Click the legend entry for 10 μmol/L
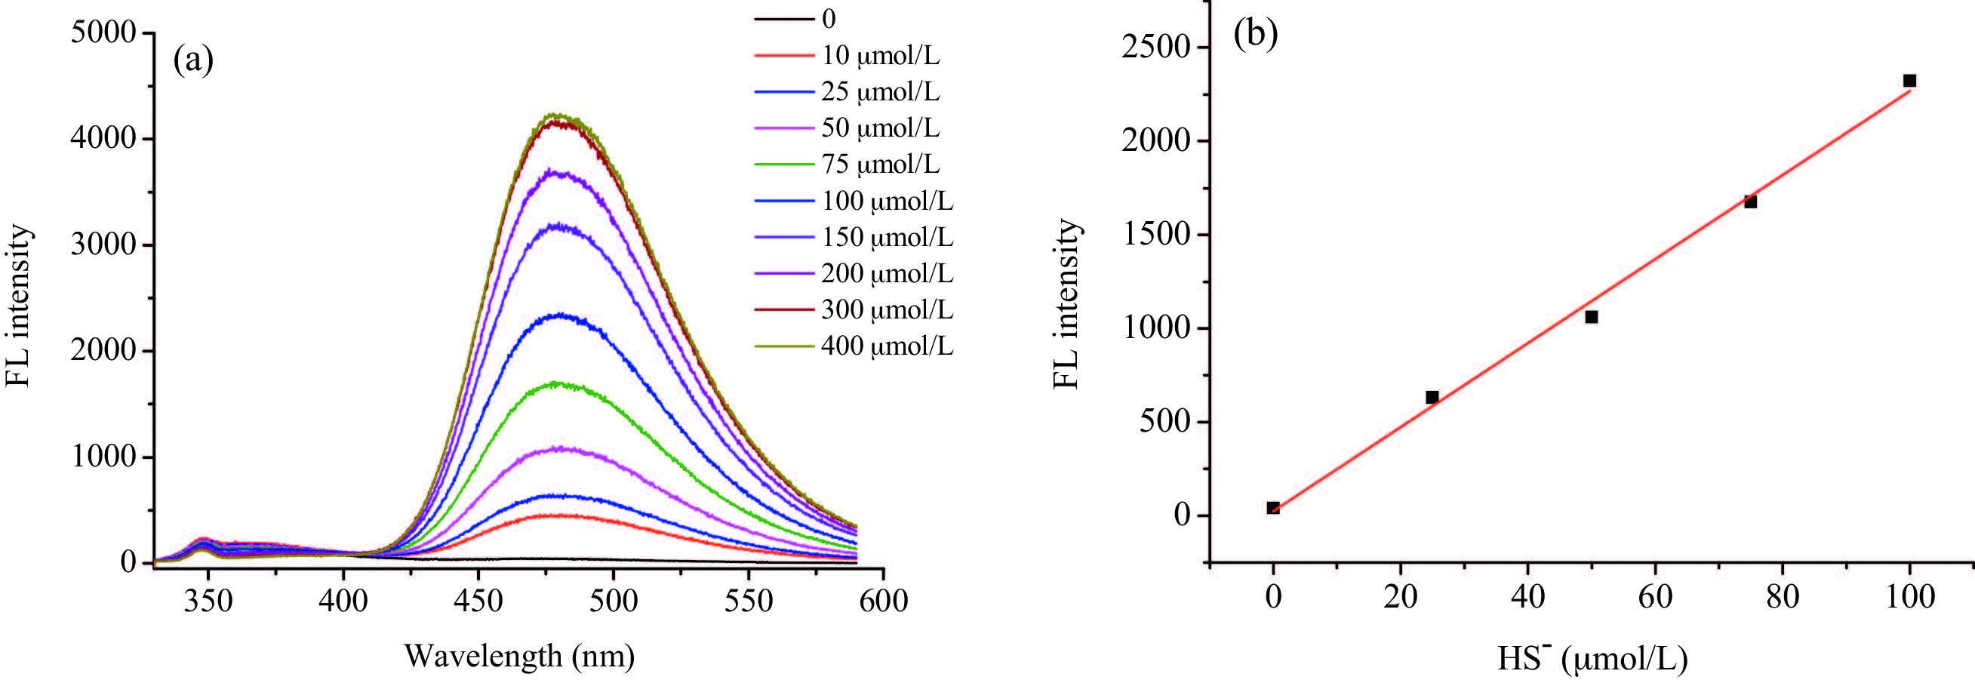[879, 55]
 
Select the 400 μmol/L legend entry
[886, 346]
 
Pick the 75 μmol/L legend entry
[879, 164]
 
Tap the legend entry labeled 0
[828, 18]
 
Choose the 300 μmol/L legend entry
[886, 309]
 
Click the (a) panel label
[193, 60]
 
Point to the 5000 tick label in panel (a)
[103, 33]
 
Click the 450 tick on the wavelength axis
[478, 600]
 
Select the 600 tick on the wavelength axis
[883, 600]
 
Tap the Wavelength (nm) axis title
[519, 657]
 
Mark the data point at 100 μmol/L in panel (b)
[1909, 81]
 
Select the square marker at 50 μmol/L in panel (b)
[1591, 317]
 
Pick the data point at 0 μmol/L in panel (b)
[1272, 507]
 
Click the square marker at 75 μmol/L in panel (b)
[1750, 202]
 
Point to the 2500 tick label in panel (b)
[1153, 48]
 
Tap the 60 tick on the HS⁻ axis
[1654, 596]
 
